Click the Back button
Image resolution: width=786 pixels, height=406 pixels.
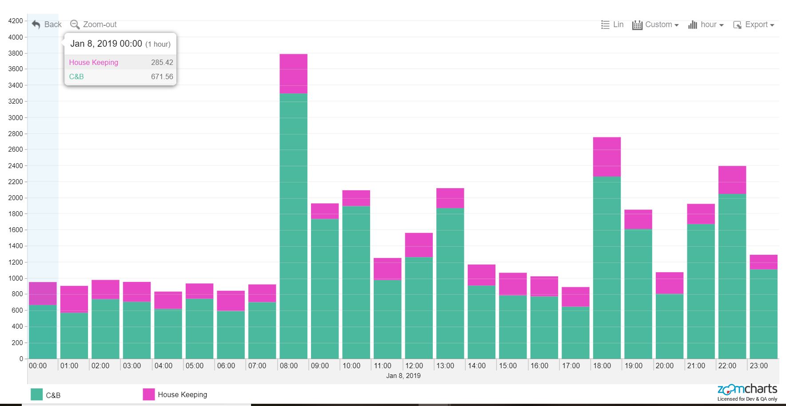47,24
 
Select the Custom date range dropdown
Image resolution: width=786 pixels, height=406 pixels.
655,25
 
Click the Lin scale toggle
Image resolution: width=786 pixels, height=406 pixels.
612,25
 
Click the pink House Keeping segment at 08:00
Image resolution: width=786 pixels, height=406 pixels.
293,74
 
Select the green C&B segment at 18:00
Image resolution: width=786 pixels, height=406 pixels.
606,267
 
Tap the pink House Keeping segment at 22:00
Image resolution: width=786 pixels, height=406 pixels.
732,180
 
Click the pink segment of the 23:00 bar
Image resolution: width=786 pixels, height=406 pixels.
763,262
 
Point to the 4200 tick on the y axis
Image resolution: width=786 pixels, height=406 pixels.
16,21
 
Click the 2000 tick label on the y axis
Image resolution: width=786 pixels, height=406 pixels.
16,198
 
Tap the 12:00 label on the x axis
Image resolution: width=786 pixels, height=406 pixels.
414,366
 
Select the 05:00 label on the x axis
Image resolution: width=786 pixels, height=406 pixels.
195,366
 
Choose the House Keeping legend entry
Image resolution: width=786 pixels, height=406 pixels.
175,394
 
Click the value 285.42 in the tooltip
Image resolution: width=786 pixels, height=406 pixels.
162,62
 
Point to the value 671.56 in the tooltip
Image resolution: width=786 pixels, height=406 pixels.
162,76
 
